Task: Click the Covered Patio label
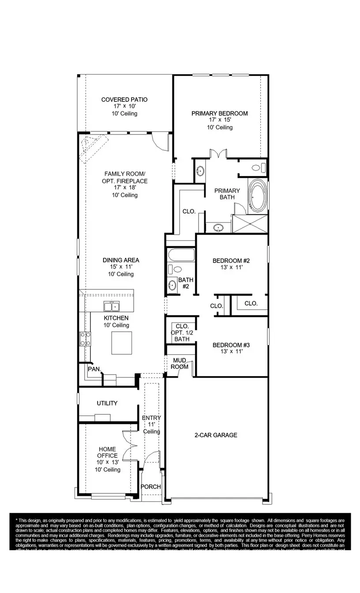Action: click(x=124, y=100)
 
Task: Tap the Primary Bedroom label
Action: click(x=219, y=113)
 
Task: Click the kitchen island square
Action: click(x=121, y=343)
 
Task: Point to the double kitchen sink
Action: click(x=111, y=306)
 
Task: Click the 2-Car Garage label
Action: click(x=216, y=435)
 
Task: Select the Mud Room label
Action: click(x=180, y=364)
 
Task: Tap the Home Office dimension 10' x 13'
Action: click(x=107, y=462)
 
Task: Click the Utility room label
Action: click(x=107, y=403)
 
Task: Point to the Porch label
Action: click(x=150, y=487)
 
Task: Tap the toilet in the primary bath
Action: click(x=257, y=168)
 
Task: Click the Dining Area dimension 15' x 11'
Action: click(x=115, y=267)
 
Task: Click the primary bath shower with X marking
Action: click(x=250, y=223)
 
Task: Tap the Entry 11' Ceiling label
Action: click(x=151, y=424)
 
